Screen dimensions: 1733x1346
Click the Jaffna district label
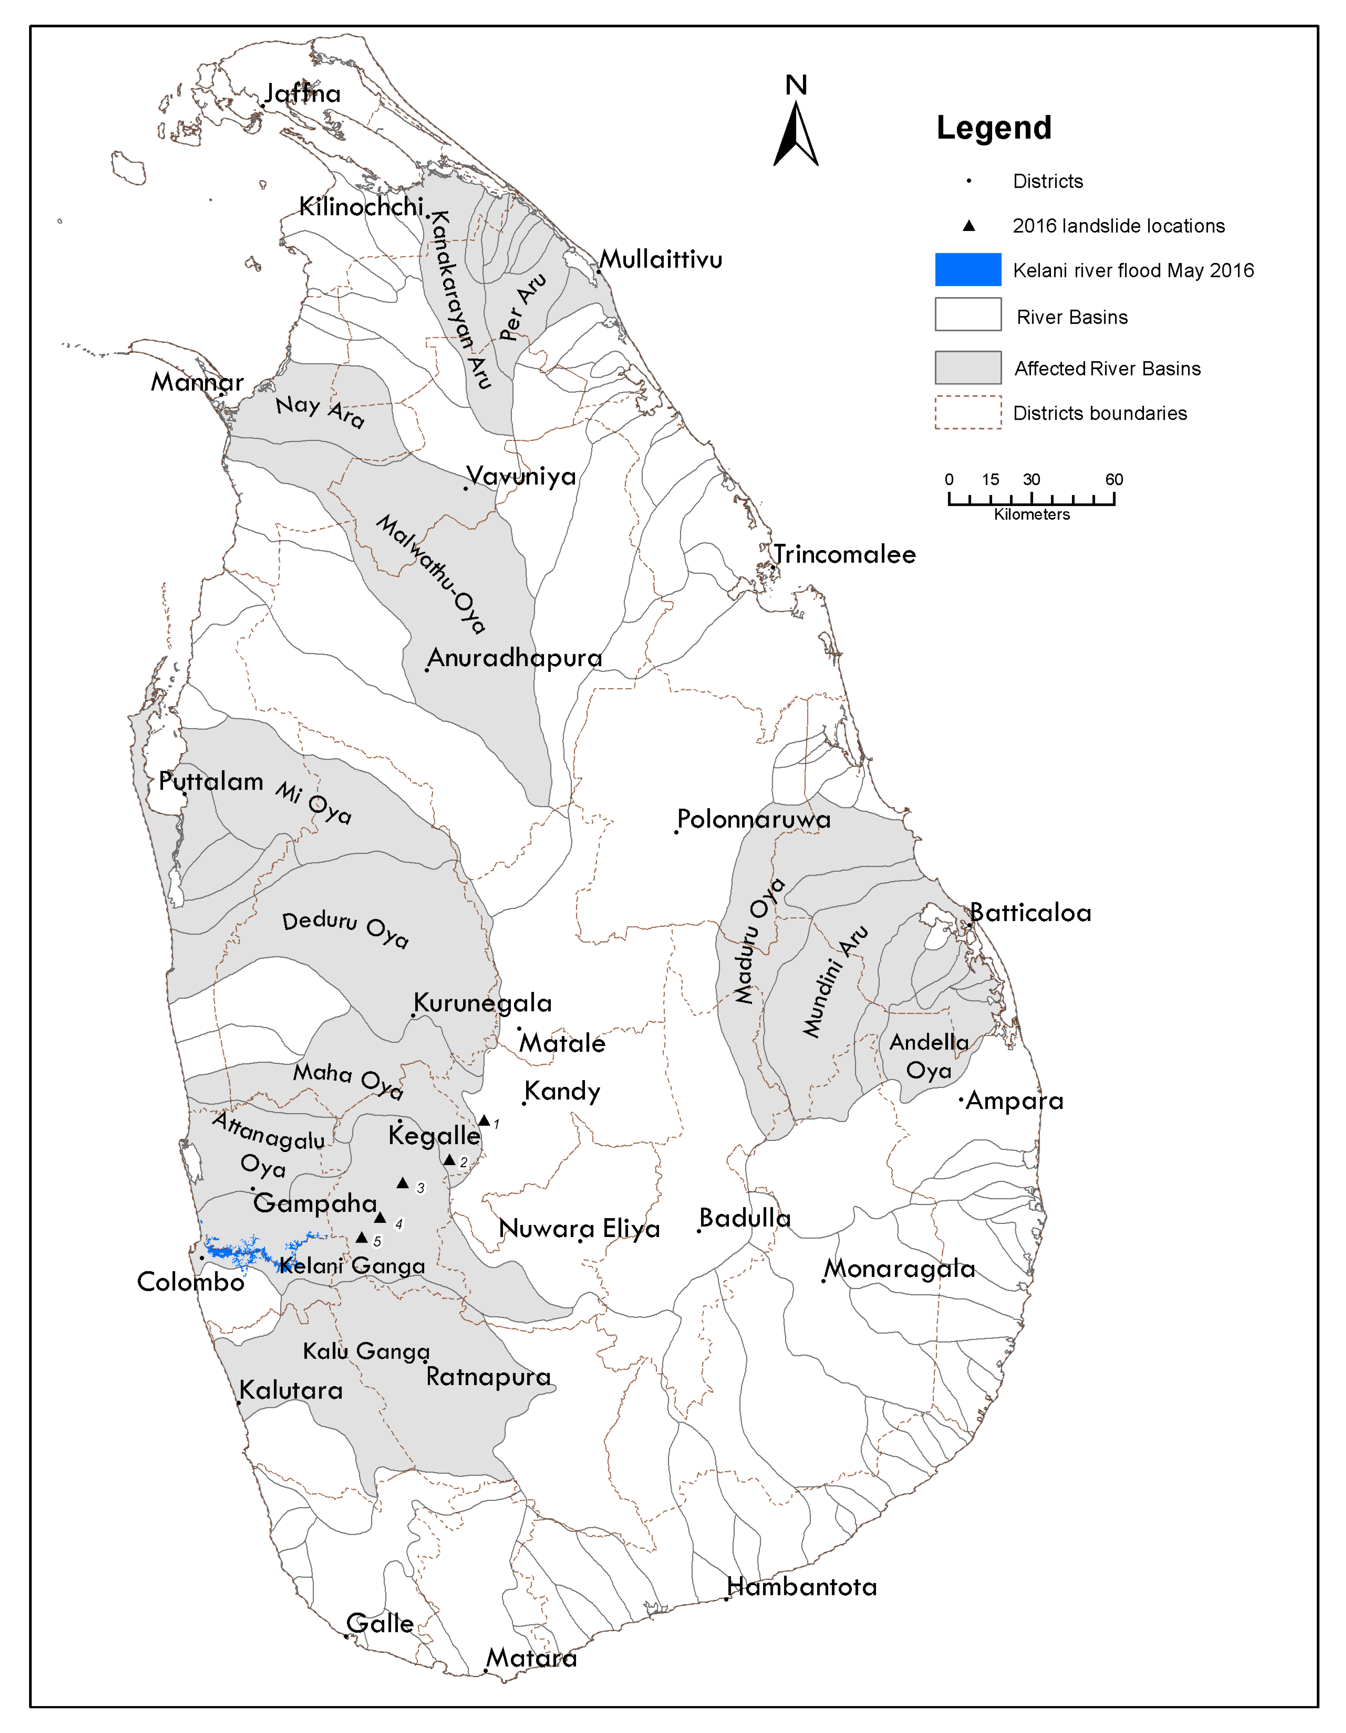pyautogui.click(x=302, y=94)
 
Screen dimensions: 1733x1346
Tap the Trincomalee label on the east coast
pyautogui.click(x=844, y=554)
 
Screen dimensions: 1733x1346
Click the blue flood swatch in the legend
pyautogui.click(x=968, y=270)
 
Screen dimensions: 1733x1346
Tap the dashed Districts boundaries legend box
pyautogui.click(x=968, y=413)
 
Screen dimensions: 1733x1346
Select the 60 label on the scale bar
pyautogui.click(x=1114, y=479)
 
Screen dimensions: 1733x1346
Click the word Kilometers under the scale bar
pyautogui.click(x=1032, y=514)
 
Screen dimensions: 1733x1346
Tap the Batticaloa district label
pyautogui.click(x=1030, y=913)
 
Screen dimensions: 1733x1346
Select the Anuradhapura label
pyautogui.click(x=514, y=658)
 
